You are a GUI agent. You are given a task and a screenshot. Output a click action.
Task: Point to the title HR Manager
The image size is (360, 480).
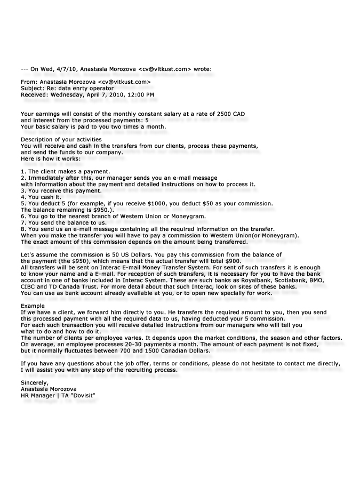coord(38,395)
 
